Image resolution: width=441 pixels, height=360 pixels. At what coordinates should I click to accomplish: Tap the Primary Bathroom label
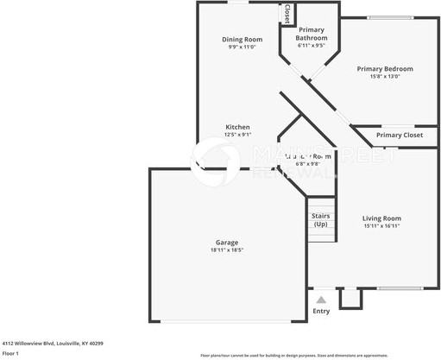tap(312, 34)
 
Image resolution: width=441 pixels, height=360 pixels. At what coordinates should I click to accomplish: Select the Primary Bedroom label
tap(385, 69)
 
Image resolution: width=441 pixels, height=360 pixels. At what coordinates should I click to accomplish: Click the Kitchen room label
tap(238, 127)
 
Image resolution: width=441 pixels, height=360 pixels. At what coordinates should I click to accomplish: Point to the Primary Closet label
tap(400, 136)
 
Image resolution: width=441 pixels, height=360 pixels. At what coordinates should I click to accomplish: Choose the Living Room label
tap(381, 218)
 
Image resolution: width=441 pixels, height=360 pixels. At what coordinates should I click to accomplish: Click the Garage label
tap(227, 243)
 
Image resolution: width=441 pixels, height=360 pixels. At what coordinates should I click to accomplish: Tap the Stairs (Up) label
tap(320, 220)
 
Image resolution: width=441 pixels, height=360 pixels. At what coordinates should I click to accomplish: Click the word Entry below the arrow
tap(321, 311)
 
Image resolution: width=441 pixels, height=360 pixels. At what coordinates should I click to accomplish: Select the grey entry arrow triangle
tap(321, 300)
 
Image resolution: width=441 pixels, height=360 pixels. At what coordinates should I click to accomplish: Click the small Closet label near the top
tap(287, 13)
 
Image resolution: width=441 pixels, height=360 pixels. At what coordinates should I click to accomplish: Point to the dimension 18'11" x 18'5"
tap(227, 250)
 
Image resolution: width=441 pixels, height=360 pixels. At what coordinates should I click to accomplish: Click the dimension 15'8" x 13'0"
tap(385, 77)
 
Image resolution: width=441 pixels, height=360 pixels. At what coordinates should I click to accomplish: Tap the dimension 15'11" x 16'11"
tap(381, 226)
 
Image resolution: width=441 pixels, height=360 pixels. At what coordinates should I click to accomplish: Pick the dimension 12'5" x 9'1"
tap(238, 135)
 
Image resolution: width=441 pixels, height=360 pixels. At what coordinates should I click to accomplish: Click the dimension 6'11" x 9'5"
tap(312, 46)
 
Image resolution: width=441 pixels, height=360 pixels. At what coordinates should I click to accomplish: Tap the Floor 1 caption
tap(10, 353)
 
